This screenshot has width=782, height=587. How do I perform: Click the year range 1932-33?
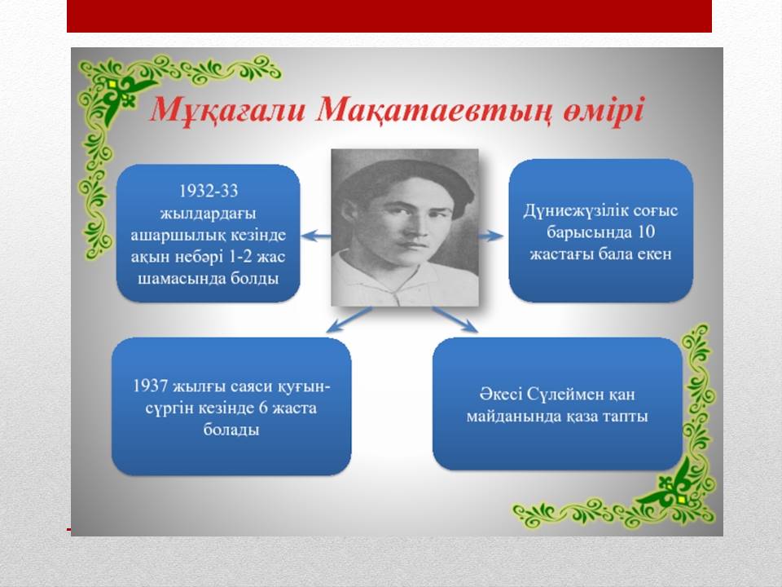pos(208,191)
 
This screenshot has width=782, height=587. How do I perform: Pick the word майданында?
pos(513,417)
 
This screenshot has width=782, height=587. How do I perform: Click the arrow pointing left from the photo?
pos(316,235)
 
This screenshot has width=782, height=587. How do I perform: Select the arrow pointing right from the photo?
pos(490,236)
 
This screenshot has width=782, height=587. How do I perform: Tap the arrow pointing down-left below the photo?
pos(349,320)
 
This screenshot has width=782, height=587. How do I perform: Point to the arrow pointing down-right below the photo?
pos(455,320)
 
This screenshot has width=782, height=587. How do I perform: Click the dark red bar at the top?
pos(389,16)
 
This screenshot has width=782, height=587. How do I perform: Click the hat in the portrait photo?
pos(406,182)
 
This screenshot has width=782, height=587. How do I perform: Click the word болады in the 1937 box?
pos(231,430)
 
